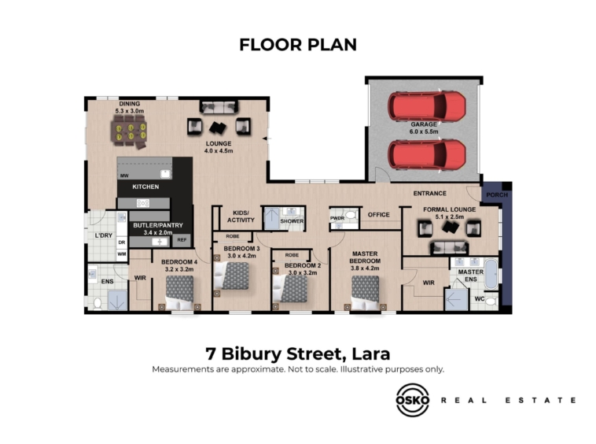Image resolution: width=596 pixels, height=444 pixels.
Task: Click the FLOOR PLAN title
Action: (298, 45)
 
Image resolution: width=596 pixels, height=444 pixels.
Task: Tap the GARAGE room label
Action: (424, 124)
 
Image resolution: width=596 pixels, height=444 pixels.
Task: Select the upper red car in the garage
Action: (426, 106)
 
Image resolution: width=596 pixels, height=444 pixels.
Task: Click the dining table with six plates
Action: (131, 131)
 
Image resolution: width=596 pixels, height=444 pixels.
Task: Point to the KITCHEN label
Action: (145, 187)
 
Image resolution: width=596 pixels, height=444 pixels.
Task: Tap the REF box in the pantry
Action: (182, 240)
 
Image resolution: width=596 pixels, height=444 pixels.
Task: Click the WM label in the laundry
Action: (122, 253)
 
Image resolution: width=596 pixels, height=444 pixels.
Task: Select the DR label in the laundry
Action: (122, 242)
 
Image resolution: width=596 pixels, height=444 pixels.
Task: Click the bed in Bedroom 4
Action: (180, 293)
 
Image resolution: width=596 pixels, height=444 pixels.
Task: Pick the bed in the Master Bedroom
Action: (365, 293)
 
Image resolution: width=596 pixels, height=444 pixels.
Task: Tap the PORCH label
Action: (497, 194)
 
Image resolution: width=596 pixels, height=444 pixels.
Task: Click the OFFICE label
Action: (378, 215)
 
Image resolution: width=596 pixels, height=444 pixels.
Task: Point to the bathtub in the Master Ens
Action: (491, 274)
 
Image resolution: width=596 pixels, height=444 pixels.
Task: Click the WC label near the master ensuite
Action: (480, 298)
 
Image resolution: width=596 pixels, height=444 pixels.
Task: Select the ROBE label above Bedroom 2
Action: (292, 255)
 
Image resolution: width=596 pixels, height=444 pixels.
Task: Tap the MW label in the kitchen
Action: (124, 176)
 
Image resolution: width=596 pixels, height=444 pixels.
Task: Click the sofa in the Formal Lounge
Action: (449, 248)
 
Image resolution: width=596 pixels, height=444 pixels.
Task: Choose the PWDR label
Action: (337, 218)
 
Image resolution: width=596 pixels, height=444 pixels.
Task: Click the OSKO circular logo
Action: (413, 400)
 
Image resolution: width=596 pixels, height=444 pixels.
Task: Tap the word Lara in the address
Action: (371, 353)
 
